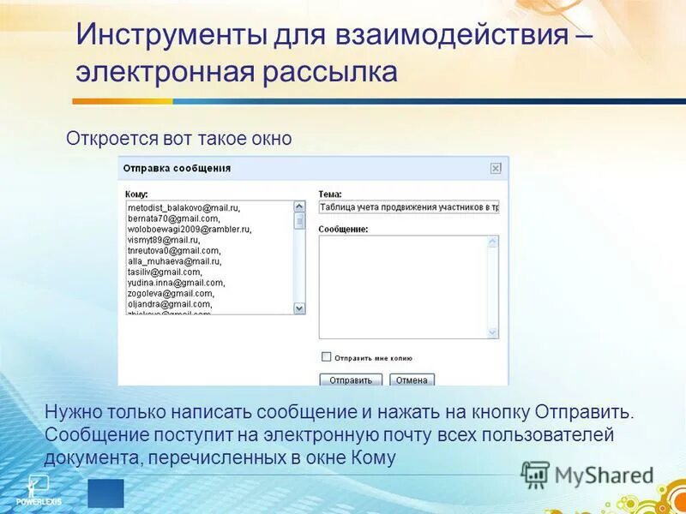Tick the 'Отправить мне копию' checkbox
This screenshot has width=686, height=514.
click(x=326, y=356)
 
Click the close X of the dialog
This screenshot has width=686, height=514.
click(x=496, y=169)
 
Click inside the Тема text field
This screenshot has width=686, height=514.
click(x=408, y=207)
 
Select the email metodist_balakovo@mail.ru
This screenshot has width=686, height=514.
click(x=184, y=208)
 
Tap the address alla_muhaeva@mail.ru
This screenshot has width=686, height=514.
click(x=174, y=261)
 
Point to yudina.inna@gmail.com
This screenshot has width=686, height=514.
click(x=176, y=283)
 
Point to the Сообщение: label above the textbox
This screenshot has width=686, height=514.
click(x=343, y=230)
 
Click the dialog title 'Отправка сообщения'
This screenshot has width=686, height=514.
click(x=177, y=169)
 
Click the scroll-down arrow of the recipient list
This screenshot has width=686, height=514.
click(x=299, y=308)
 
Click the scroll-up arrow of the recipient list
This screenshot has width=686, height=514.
click(x=299, y=206)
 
